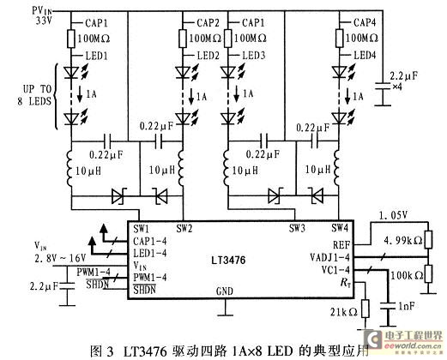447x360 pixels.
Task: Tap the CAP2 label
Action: click(202, 19)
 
